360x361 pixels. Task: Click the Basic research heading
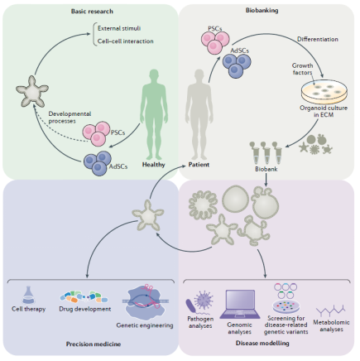click(92, 12)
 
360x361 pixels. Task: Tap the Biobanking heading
click(262, 11)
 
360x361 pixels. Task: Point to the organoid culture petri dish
click(324, 92)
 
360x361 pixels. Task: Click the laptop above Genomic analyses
click(239, 305)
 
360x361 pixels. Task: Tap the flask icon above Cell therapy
click(28, 295)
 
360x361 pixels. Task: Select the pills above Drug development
click(84, 297)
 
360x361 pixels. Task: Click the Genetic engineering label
click(145, 325)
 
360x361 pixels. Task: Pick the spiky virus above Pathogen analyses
click(204, 301)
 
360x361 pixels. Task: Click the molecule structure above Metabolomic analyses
click(331, 310)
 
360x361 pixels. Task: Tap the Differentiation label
click(318, 39)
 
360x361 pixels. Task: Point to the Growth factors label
click(302, 69)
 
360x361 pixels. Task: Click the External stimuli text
click(119, 28)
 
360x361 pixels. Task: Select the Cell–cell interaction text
click(126, 41)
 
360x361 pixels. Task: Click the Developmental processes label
click(70, 118)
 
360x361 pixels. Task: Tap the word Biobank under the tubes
click(266, 169)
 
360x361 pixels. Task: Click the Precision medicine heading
click(94, 344)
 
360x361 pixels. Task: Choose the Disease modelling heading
click(262, 344)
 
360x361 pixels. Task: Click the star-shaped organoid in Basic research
click(32, 92)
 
